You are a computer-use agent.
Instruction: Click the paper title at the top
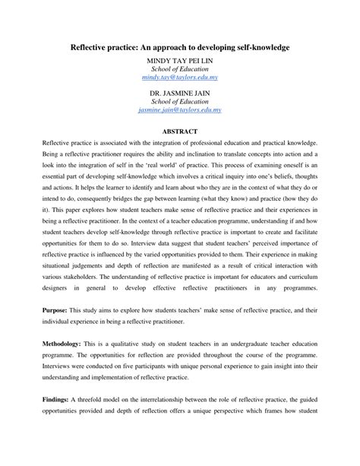coord(180,47)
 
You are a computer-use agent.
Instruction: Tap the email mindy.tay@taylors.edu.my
coord(180,78)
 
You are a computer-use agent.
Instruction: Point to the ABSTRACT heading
coord(180,130)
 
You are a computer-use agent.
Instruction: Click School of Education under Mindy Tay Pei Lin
coord(180,68)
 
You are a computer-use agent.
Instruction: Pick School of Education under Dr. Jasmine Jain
coord(180,101)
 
